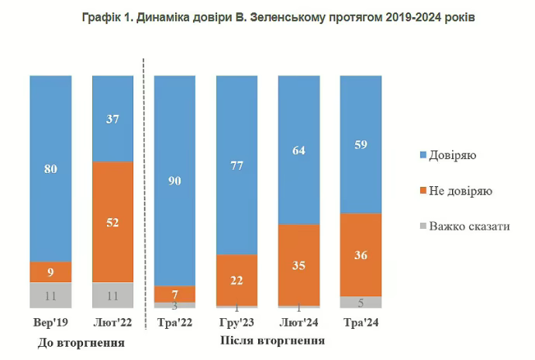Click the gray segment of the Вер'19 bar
click(x=50, y=295)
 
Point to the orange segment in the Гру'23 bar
click(x=237, y=279)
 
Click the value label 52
click(x=112, y=222)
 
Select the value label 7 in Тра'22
click(x=175, y=294)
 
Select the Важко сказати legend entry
click(x=464, y=226)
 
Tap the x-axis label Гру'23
click(x=237, y=322)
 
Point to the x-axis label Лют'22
click(x=112, y=322)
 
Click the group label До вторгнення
click(x=81, y=341)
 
